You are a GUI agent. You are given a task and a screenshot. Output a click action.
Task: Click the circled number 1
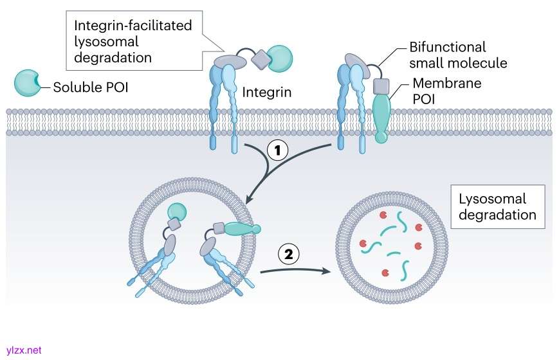click(x=277, y=151)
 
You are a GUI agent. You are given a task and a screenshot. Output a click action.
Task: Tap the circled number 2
click(x=289, y=254)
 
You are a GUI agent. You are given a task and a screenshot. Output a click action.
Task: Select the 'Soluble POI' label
click(x=91, y=86)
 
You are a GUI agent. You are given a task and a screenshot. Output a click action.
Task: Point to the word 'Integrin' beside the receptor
click(x=267, y=93)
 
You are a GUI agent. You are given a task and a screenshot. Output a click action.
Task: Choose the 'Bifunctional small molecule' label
click(x=458, y=55)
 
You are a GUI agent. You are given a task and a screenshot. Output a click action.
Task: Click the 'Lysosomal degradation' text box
click(x=497, y=207)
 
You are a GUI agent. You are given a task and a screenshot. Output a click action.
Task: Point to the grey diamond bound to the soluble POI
click(x=261, y=60)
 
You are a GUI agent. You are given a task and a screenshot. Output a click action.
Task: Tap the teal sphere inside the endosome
click(x=176, y=212)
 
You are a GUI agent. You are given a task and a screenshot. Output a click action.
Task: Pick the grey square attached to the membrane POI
click(x=381, y=86)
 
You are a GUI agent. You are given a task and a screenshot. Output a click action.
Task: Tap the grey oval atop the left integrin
click(x=229, y=62)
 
